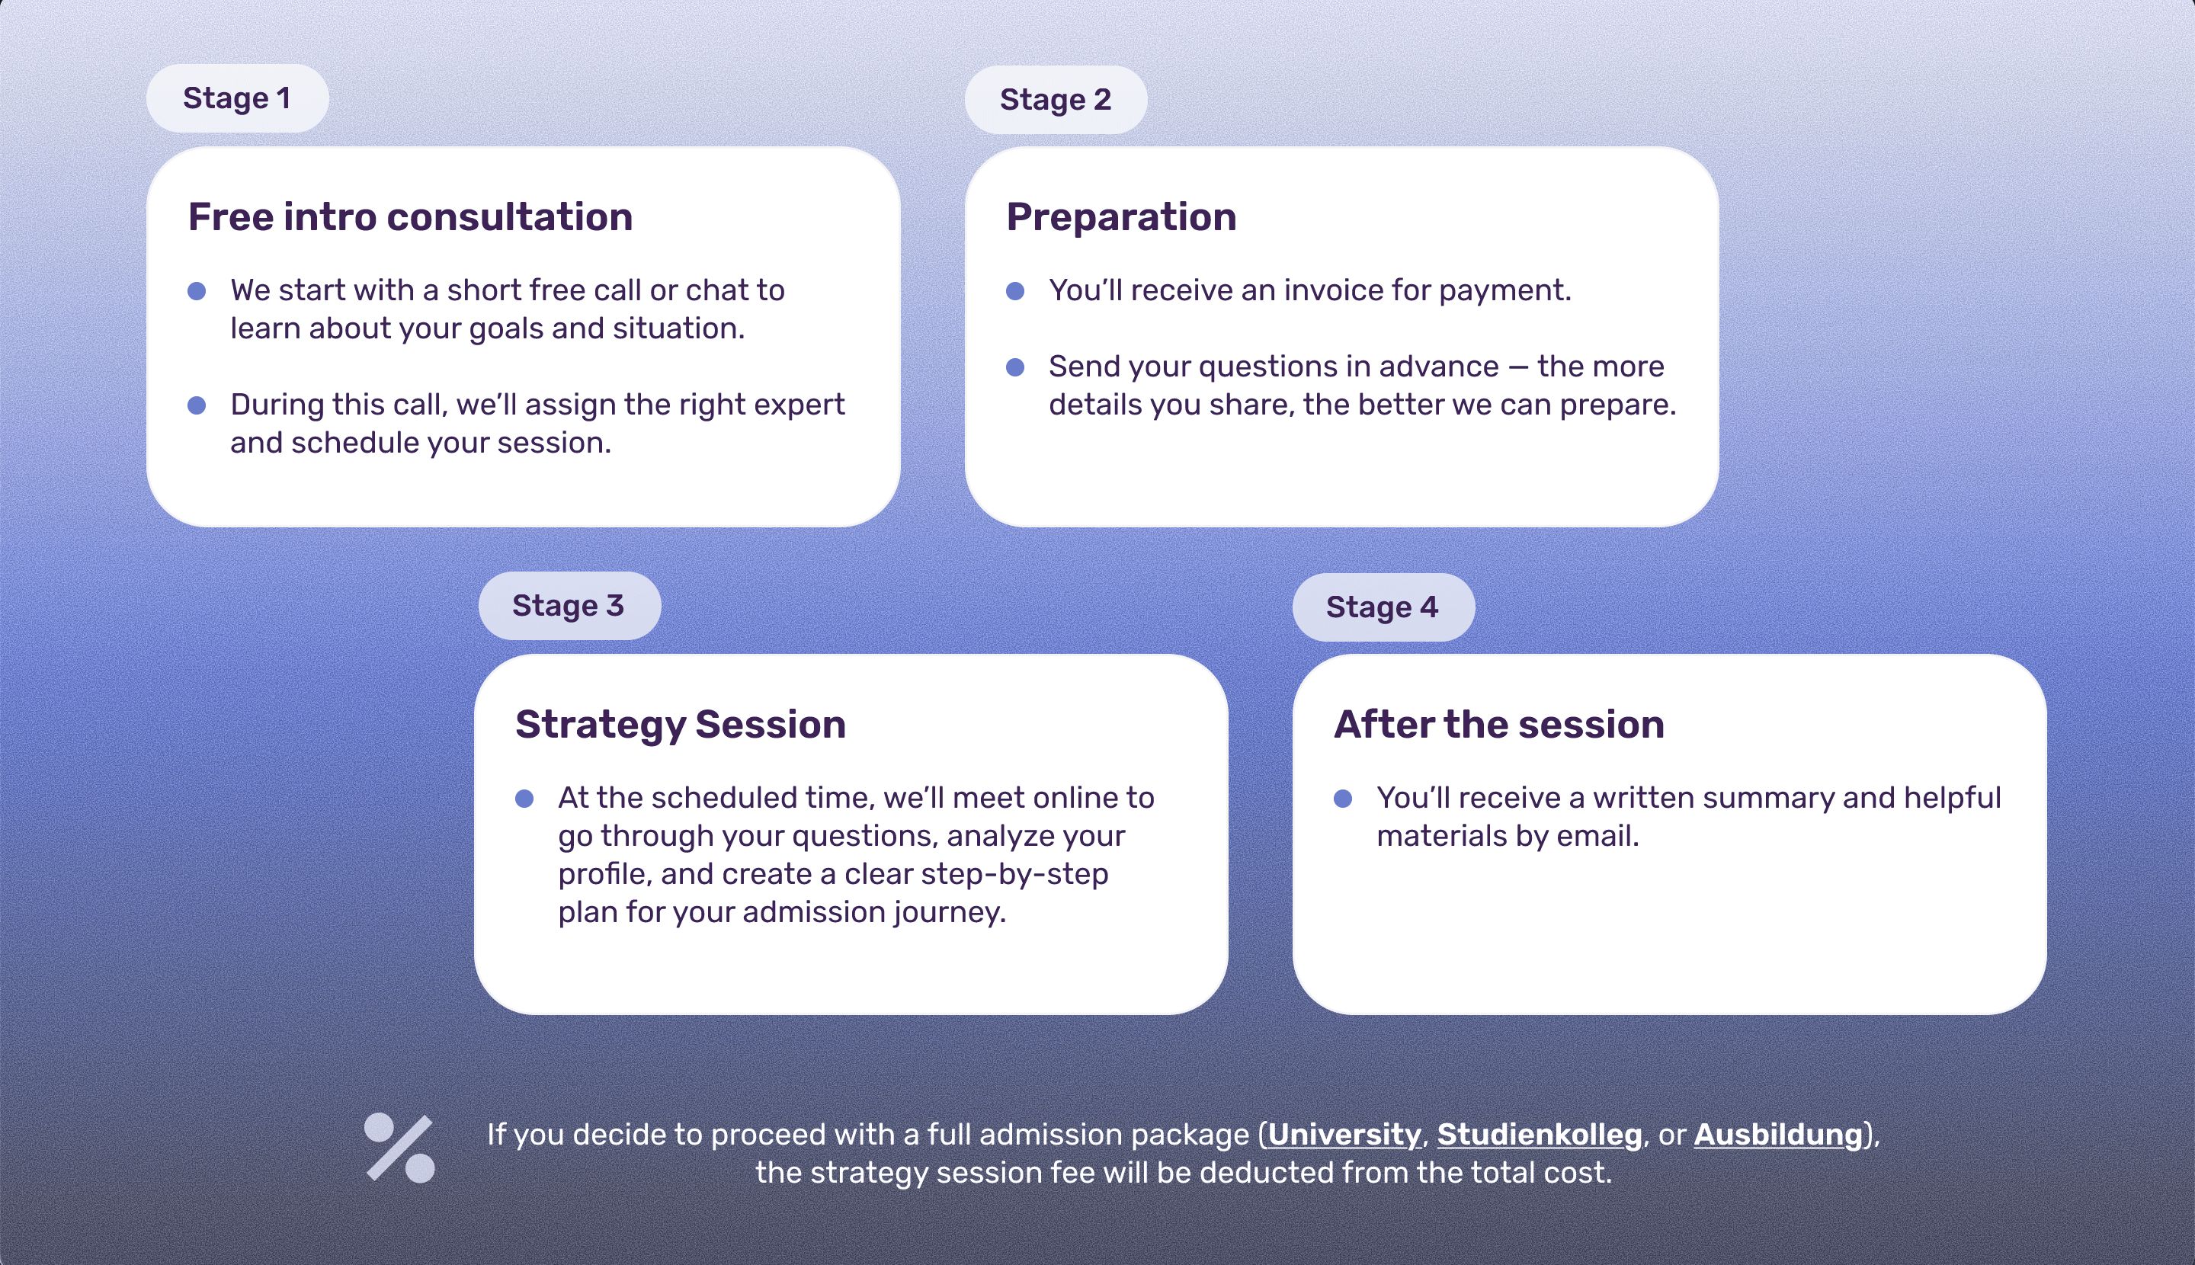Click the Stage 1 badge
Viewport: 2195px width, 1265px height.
click(237, 98)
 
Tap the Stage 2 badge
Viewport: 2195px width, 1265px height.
click(1056, 100)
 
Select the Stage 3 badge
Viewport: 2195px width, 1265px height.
click(569, 606)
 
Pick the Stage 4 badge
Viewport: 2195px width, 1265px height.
click(1383, 607)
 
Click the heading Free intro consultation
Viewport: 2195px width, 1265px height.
click(410, 216)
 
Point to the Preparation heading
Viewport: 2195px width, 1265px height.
click(1121, 216)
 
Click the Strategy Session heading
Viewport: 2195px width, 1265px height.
click(681, 724)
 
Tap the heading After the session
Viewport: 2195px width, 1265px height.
click(1499, 724)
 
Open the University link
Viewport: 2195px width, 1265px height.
click(1344, 1135)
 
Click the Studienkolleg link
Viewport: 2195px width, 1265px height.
click(1539, 1135)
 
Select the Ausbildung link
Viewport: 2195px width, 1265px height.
click(1778, 1135)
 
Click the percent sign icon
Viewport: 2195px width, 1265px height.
click(399, 1148)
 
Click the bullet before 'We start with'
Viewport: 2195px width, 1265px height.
click(197, 291)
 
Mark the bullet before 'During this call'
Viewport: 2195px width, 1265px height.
click(197, 405)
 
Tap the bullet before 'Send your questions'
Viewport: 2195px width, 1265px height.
click(1015, 367)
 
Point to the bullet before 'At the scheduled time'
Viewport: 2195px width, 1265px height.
click(524, 799)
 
